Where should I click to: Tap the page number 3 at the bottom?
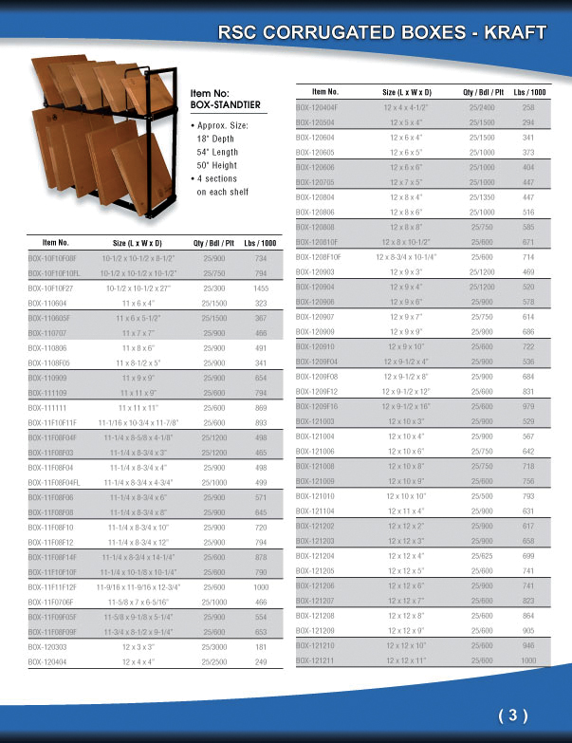pyautogui.click(x=511, y=715)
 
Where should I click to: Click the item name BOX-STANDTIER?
pyautogui.click(x=225, y=103)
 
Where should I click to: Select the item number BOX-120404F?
pyautogui.click(x=319, y=108)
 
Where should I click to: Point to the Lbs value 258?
pyautogui.click(x=528, y=108)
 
